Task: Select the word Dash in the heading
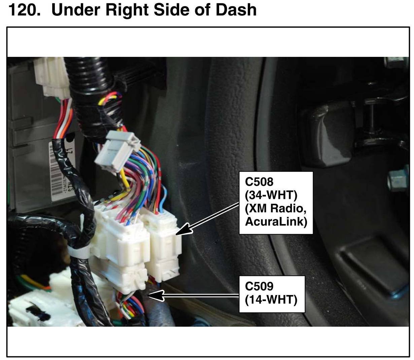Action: pyautogui.click(x=236, y=10)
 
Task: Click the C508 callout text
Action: pyautogui.click(x=259, y=182)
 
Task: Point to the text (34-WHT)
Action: pyautogui.click(x=271, y=195)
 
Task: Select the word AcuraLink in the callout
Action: pyautogui.click(x=276, y=222)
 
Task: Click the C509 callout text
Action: pyautogui.click(x=259, y=286)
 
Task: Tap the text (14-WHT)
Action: pyautogui.click(x=271, y=299)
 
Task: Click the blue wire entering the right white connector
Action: pyautogui.click(x=164, y=199)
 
